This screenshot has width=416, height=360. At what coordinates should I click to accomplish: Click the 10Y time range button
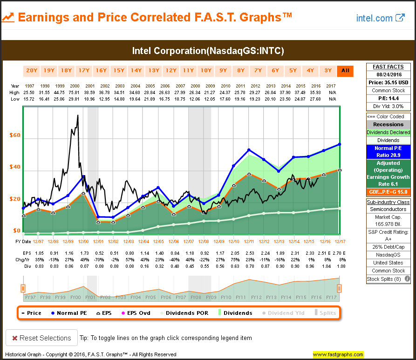206,71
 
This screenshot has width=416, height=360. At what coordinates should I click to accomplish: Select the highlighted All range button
345,71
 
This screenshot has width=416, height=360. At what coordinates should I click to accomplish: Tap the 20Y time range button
32,71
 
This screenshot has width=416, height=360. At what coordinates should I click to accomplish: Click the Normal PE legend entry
68,313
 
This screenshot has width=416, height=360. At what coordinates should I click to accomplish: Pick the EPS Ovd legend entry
135,313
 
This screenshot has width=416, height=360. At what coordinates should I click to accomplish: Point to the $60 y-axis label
15,136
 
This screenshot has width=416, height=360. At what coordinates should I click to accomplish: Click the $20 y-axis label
15,199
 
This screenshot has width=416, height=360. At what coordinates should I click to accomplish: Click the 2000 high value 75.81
75,92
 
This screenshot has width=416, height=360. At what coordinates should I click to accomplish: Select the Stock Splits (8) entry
385,279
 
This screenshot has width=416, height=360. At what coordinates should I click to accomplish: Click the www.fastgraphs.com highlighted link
338,354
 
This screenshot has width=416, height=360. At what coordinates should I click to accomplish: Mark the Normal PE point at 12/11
249,150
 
